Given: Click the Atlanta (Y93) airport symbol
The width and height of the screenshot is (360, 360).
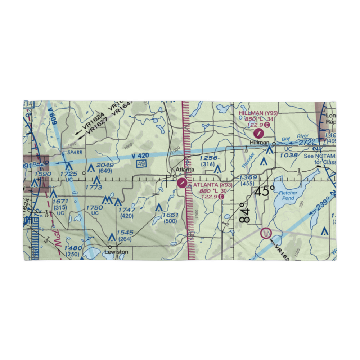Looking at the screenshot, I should [183, 183].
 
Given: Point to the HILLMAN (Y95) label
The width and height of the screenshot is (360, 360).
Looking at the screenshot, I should [258, 113].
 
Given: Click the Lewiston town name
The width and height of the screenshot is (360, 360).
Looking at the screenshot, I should [116, 252].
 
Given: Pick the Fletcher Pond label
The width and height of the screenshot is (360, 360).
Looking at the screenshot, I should [288, 195].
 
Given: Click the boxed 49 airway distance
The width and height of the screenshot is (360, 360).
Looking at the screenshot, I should [141, 164].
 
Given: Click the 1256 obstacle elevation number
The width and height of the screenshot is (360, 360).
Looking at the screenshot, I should [209, 158].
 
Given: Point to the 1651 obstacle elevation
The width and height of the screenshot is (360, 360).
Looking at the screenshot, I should [170, 215].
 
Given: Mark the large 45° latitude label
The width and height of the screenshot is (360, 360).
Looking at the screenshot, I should [265, 191].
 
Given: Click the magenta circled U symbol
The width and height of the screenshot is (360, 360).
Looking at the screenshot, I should [266, 234].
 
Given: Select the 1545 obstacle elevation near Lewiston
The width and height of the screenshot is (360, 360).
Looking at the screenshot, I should [125, 233].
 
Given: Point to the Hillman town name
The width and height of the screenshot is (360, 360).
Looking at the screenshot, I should [260, 143].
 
